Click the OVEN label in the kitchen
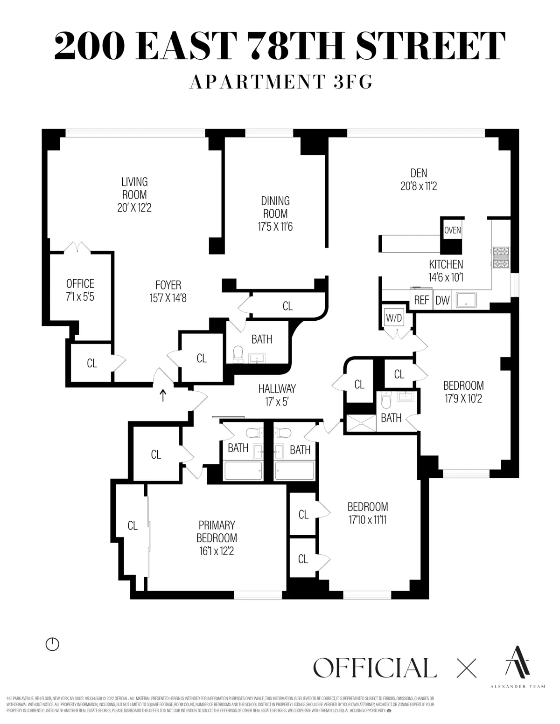pyautogui.click(x=452, y=230)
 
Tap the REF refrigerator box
pyautogui.click(x=421, y=300)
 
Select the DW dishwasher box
pyautogui.click(x=442, y=300)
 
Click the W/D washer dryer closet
pyautogui.click(x=393, y=318)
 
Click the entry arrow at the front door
pyautogui.click(x=163, y=395)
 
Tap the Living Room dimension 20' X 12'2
pyautogui.click(x=134, y=207)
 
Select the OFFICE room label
pyautogui.click(x=80, y=283)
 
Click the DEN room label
pyautogui.click(x=419, y=173)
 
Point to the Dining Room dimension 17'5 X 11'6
pyautogui.click(x=275, y=227)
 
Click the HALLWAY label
pyautogui.click(x=277, y=388)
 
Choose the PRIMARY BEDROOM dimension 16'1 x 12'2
pyautogui.click(x=217, y=551)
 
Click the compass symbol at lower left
pyautogui.click(x=52, y=644)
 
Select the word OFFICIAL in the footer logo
pyautogui.click(x=375, y=668)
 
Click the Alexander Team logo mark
pyautogui.click(x=518, y=661)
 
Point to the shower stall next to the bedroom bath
pyautogui.click(x=360, y=423)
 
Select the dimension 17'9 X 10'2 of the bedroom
pyautogui.click(x=463, y=399)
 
